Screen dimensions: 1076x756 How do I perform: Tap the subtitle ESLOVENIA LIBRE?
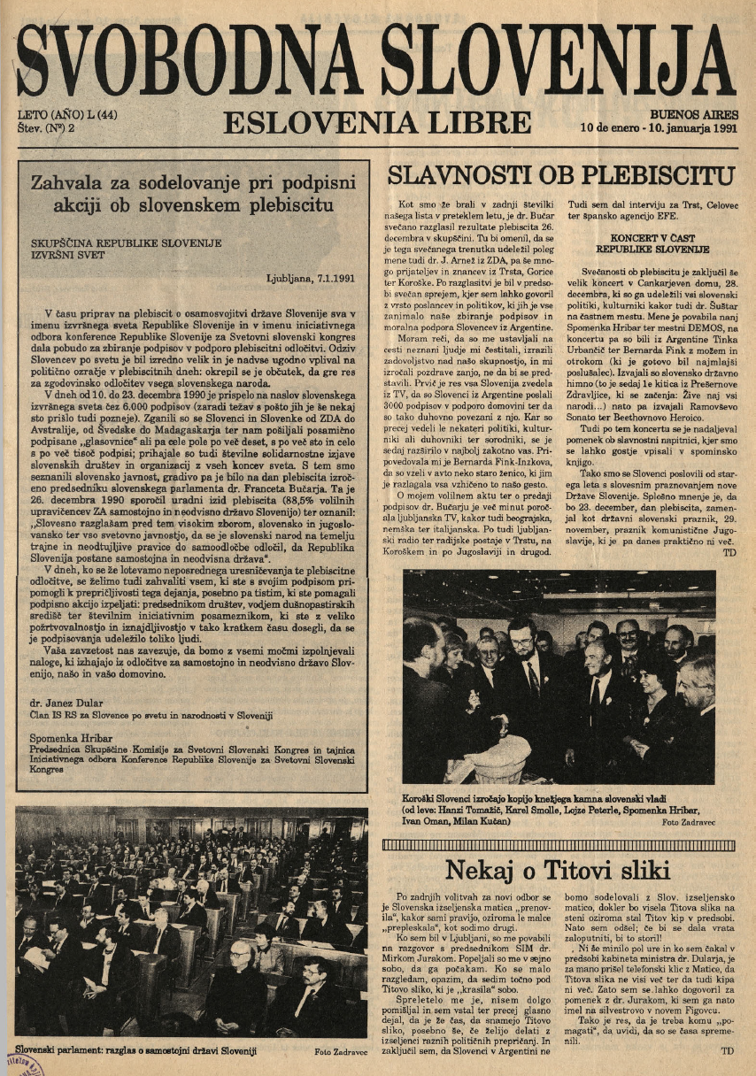pos(377,122)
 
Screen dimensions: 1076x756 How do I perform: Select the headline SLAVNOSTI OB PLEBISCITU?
pos(561,174)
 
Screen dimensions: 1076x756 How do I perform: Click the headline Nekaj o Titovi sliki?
pos(558,870)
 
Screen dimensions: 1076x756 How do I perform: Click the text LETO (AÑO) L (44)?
pos(68,115)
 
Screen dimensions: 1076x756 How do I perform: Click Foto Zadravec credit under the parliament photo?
pos(340,1051)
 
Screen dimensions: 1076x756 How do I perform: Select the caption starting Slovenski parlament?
pos(137,1050)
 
